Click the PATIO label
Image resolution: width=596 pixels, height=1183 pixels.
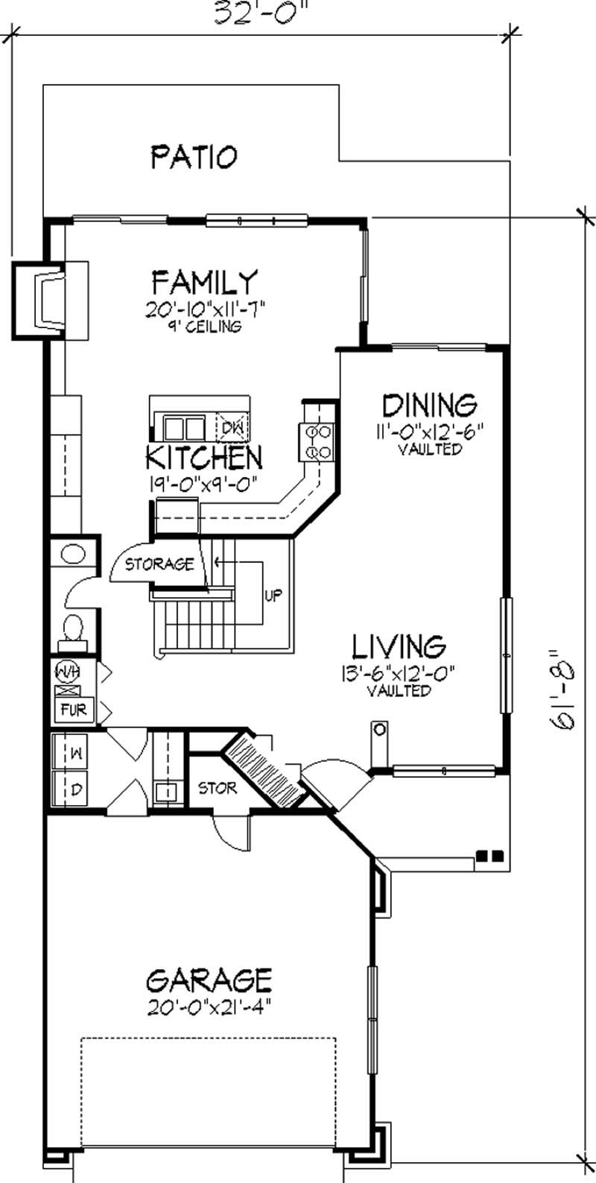(x=194, y=157)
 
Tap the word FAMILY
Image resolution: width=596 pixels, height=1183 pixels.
(x=204, y=283)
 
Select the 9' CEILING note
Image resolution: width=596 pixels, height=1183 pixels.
(x=205, y=326)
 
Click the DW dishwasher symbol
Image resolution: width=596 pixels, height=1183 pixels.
(x=232, y=427)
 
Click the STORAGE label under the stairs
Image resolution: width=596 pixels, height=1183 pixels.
(x=159, y=564)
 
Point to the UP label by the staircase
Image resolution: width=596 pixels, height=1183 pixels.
(x=273, y=596)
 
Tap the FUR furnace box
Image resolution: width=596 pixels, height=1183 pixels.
(x=73, y=710)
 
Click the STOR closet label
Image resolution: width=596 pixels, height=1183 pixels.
(x=218, y=788)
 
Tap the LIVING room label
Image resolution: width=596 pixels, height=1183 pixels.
(x=399, y=645)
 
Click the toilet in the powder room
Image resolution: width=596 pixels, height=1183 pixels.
(x=72, y=628)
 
